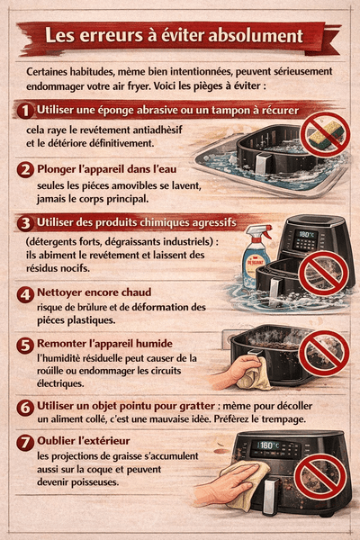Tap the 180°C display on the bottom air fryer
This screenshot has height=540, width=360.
pyautogui.click(x=269, y=445)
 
